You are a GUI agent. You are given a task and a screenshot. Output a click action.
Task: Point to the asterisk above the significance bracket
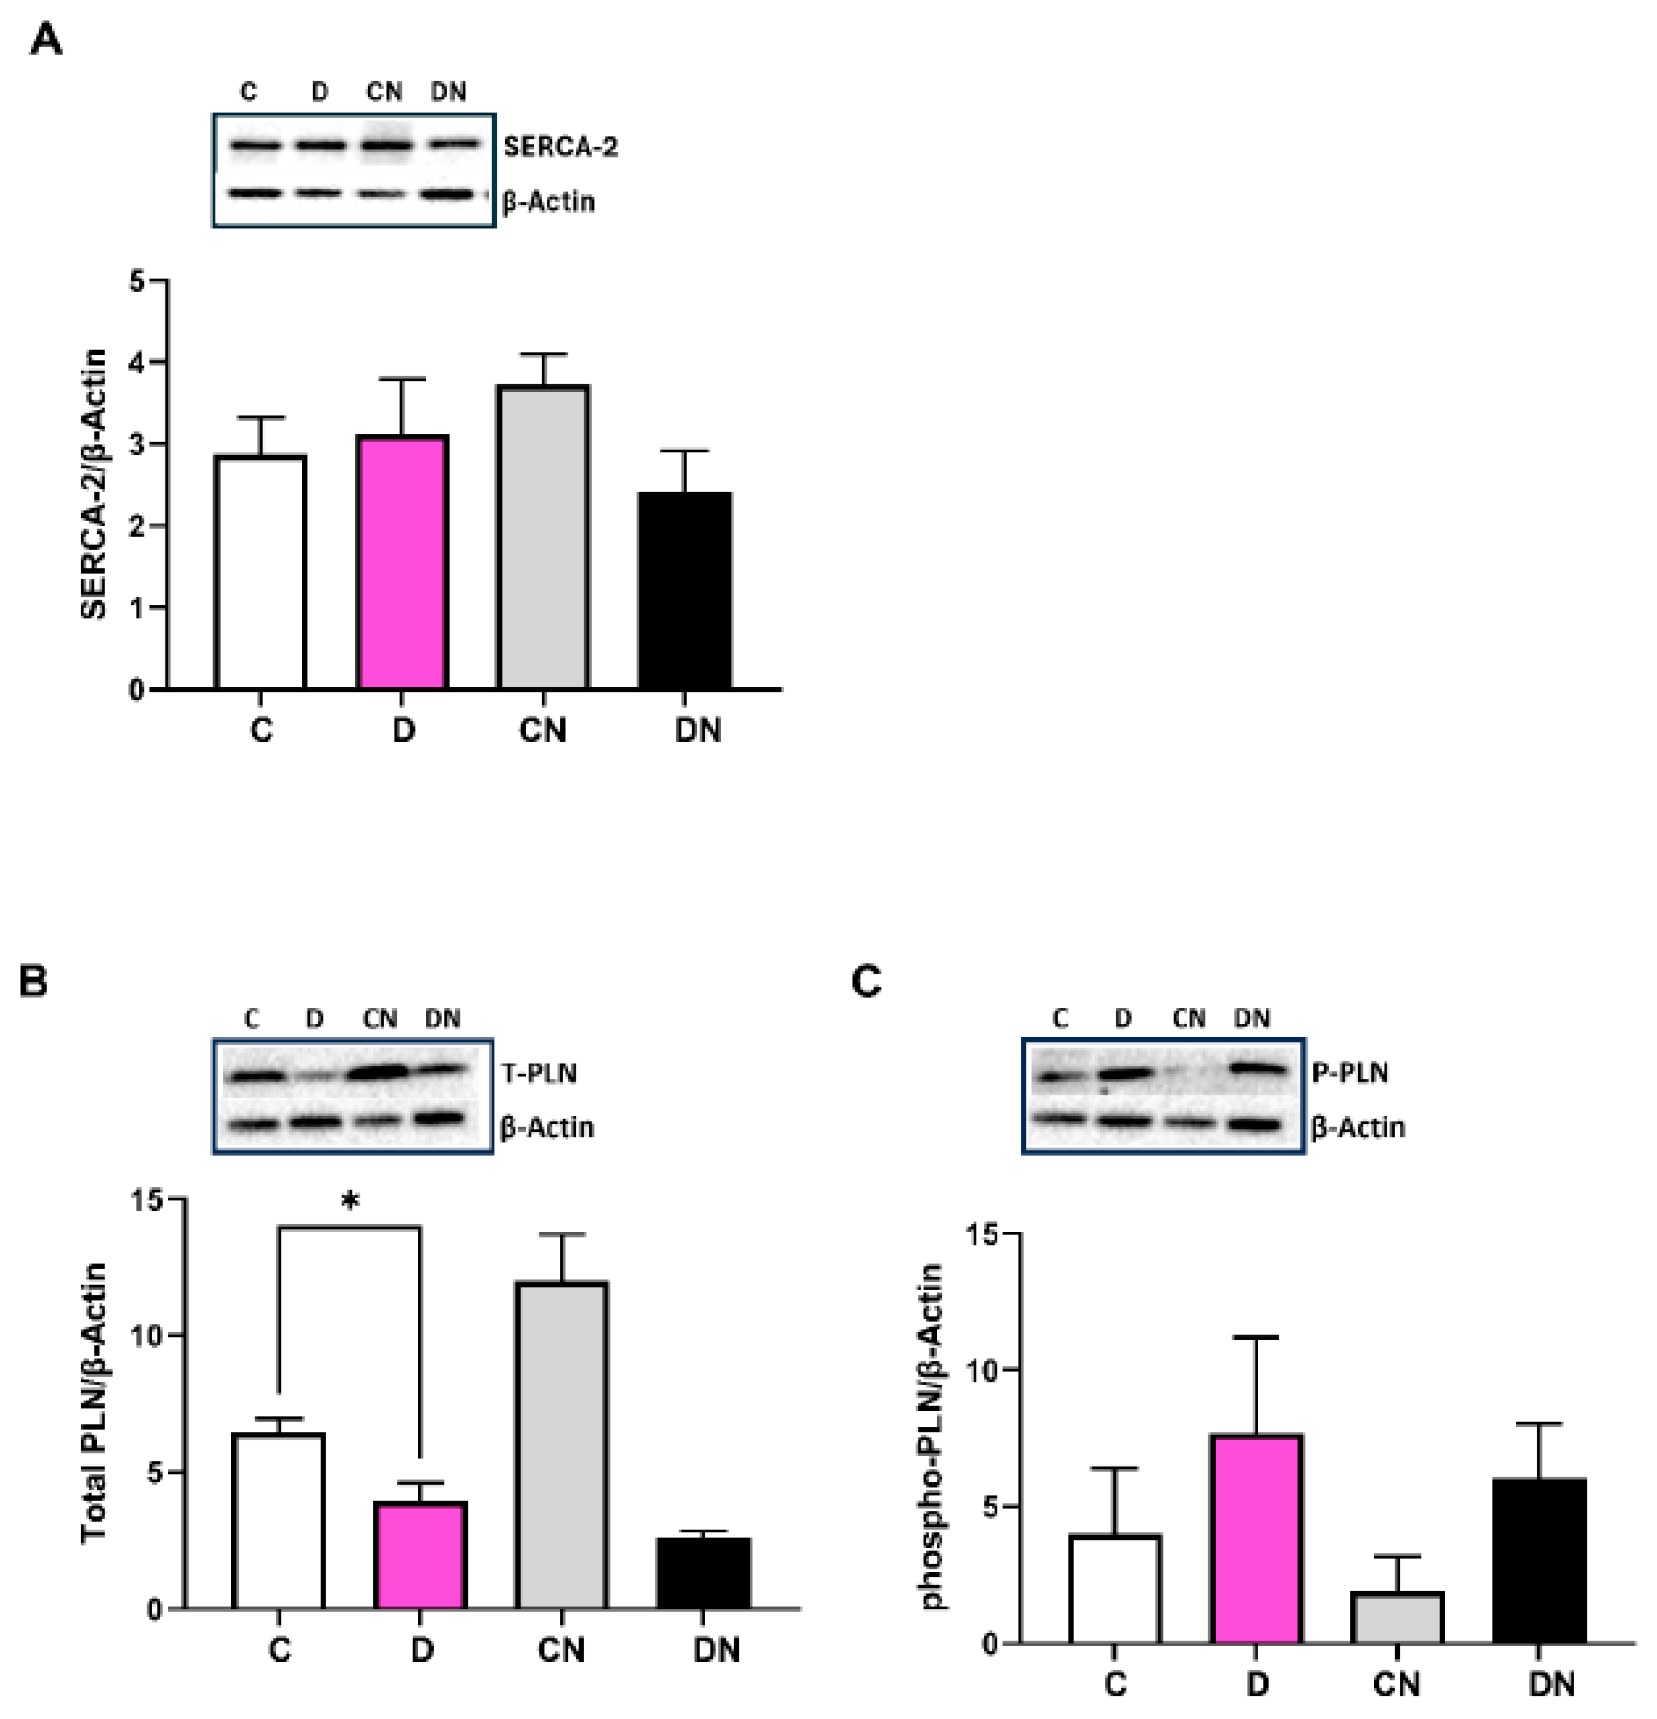(350, 1202)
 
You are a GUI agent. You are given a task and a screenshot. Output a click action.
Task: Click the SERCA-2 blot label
(560, 147)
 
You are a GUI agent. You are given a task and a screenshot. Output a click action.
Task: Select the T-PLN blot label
(538, 1074)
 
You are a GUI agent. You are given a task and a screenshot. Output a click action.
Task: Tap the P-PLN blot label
(1349, 1072)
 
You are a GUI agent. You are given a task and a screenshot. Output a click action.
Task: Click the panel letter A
(45, 40)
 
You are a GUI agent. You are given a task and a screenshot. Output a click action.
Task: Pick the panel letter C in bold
(866, 981)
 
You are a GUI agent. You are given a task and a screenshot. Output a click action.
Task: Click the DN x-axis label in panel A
(697, 730)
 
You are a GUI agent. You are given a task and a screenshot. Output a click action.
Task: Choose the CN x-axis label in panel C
(1396, 1684)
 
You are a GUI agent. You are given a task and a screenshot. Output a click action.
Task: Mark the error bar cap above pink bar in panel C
(1256, 1337)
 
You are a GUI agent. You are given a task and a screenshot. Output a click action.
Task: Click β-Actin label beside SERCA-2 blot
(548, 202)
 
